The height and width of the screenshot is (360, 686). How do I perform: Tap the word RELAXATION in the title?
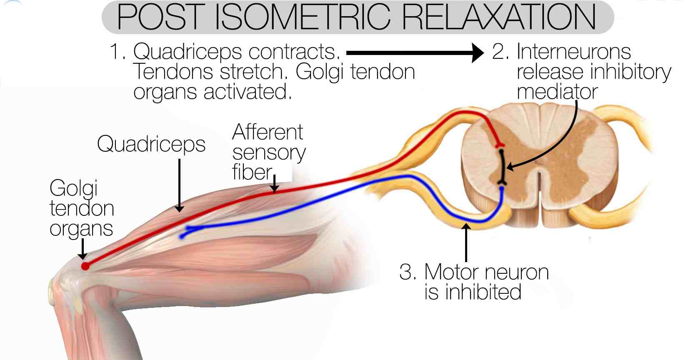tap(499, 17)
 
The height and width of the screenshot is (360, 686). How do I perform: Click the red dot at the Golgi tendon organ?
tap(85, 266)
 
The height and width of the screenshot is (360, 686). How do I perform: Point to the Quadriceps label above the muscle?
tap(151, 145)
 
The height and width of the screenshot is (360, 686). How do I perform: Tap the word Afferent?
tap(268, 132)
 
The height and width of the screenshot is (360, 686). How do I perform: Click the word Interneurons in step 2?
tap(574, 52)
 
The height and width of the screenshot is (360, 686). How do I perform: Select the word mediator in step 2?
tap(557, 92)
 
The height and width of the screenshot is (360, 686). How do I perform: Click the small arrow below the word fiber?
tap(274, 184)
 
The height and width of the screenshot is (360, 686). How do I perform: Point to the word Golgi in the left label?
tap(73, 188)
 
